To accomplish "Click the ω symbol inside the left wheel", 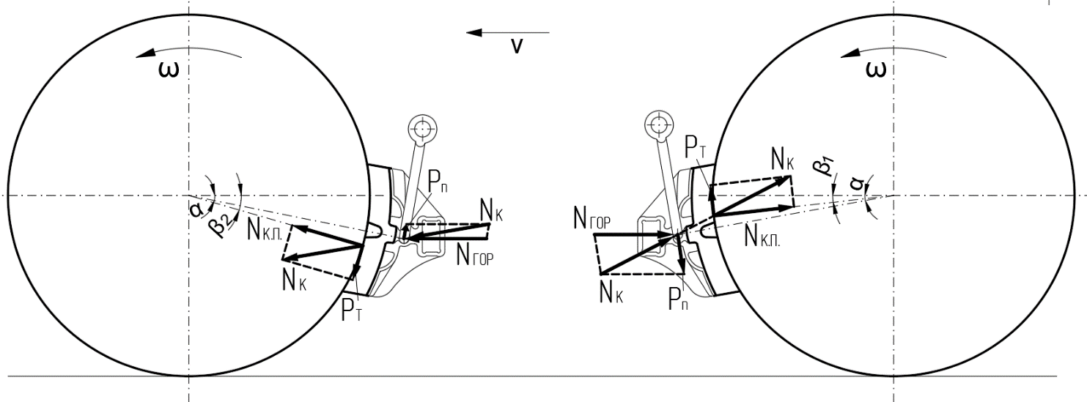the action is coord(169,70).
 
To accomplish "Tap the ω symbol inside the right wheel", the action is coord(877,70).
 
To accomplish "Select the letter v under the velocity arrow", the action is coord(517,46).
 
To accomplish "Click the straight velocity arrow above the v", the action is coord(508,32).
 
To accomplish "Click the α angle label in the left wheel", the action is coord(196,209).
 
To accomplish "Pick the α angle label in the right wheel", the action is coord(858,185).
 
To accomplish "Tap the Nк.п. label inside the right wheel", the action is coord(762,237).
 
